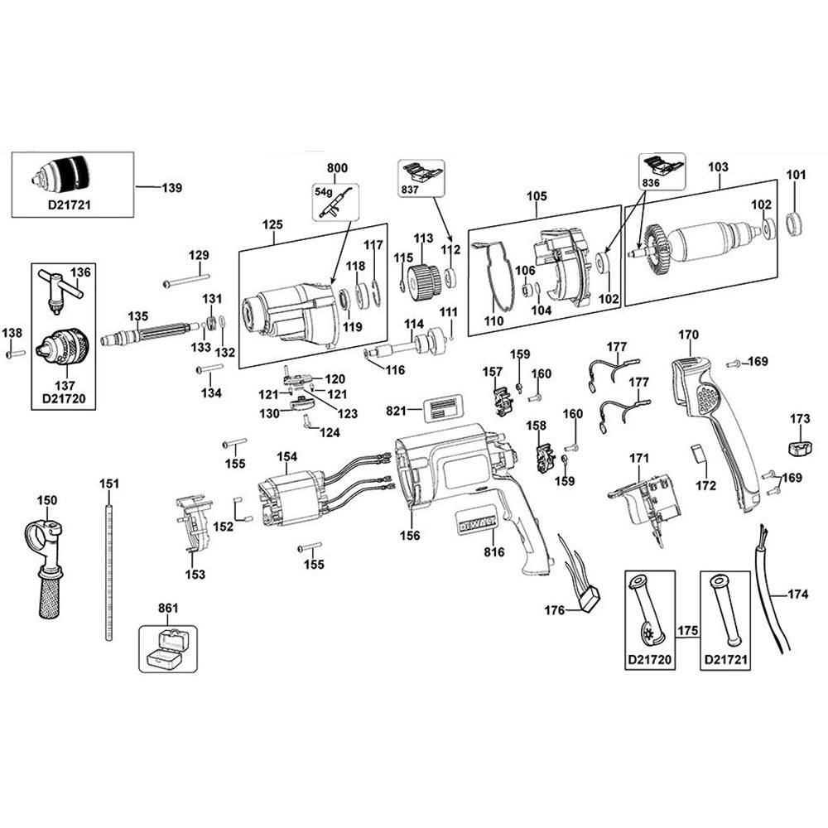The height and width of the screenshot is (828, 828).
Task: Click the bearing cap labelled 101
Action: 795,223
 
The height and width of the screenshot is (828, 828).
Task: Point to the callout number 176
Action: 554,611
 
